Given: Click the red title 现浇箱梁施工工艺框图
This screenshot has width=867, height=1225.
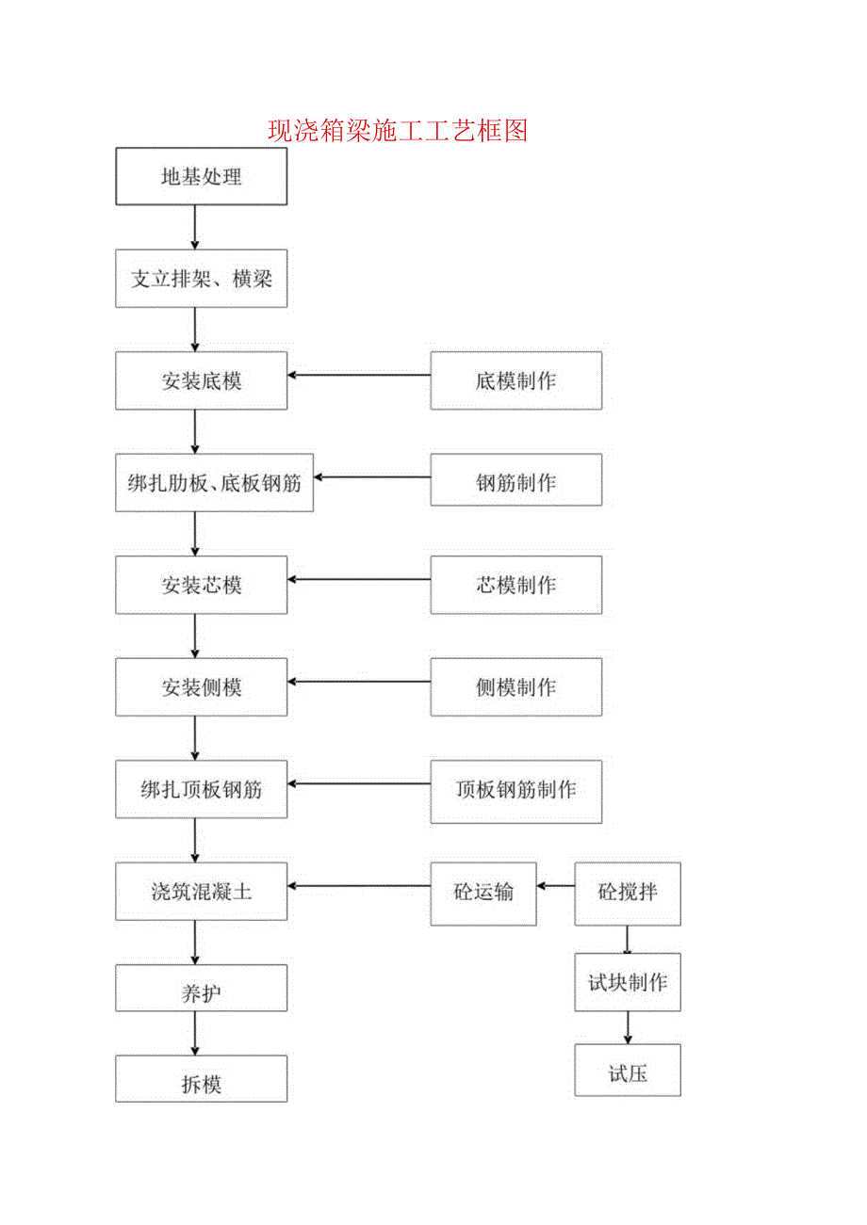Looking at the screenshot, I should tap(397, 130).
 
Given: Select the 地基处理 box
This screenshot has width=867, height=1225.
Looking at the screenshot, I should tap(201, 176).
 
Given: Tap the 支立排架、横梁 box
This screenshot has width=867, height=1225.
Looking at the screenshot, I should tap(201, 279).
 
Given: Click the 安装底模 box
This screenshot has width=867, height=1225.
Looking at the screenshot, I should tap(201, 380).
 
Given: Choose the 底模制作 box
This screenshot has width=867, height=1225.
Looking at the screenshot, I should tap(515, 380).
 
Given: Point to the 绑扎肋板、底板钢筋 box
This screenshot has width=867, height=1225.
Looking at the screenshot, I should tap(214, 483).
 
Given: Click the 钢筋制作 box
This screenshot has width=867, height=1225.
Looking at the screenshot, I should tap(515, 483).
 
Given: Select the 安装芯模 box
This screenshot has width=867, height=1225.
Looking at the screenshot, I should tap(201, 585).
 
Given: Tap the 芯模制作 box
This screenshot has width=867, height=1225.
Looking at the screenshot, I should tap(515, 585).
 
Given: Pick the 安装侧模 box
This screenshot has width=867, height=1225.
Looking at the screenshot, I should tap(201, 687).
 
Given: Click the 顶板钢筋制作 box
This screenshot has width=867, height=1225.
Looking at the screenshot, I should tap(515, 790).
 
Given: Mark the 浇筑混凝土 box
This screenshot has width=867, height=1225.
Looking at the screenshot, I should tap(201, 892).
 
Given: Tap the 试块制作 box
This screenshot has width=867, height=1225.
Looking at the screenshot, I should tap(628, 983).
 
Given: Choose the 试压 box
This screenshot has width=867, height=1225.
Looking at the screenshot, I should tap(628, 1072).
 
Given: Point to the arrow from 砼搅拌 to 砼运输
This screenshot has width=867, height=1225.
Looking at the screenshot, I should tap(556, 886).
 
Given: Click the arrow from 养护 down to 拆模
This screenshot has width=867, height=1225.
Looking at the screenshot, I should tap(195, 1033).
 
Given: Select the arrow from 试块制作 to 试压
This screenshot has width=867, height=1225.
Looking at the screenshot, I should tap(628, 1027).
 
